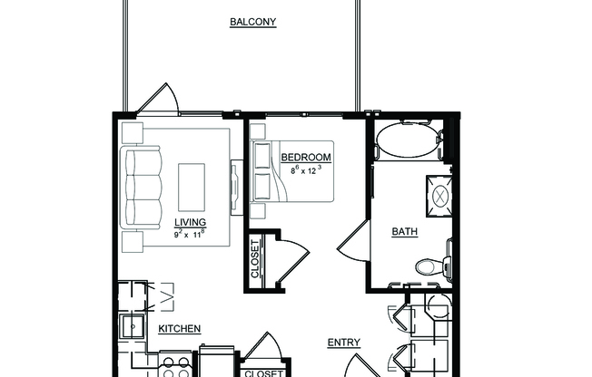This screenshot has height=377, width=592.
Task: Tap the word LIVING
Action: point(190,223)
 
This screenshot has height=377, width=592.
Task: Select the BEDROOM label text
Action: point(305,158)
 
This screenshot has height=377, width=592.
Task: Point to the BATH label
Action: point(404,231)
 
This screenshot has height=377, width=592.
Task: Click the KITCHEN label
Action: point(180,329)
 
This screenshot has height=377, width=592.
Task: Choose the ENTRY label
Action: point(344,343)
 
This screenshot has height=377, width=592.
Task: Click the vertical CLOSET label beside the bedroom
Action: point(255,259)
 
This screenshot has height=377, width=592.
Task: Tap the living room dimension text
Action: point(190,234)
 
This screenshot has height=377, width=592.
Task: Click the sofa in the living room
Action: point(142,189)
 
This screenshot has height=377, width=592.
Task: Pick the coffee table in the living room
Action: point(192,188)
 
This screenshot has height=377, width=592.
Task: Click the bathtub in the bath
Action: point(407,140)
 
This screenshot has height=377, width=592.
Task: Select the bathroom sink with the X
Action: point(437,192)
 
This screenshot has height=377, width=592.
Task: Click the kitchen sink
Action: point(133,329)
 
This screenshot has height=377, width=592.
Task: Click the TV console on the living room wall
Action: point(236,186)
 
